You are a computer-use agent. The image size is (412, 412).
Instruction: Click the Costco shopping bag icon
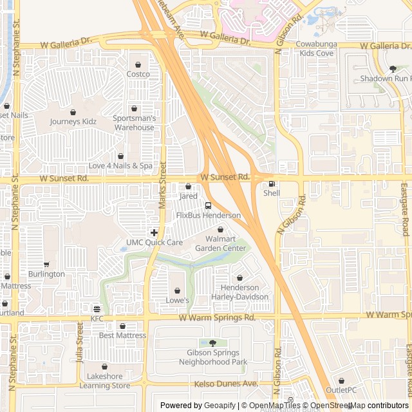138,64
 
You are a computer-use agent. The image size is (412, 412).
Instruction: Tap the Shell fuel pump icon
271,184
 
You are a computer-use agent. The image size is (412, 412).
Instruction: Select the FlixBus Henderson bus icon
208,205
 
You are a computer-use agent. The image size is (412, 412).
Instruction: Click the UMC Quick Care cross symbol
154,232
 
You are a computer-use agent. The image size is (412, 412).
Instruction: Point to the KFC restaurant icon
97,309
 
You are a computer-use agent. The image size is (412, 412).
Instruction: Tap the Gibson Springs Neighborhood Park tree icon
212,342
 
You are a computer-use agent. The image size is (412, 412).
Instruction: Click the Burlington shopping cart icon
46,264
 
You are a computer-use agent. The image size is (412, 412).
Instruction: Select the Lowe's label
177,301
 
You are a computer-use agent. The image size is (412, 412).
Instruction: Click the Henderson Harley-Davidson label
240,292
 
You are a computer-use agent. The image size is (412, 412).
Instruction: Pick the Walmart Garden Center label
220,244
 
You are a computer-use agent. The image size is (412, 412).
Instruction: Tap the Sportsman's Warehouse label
134,123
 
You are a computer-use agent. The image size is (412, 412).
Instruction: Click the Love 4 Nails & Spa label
120,166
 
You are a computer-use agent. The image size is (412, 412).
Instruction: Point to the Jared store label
188,196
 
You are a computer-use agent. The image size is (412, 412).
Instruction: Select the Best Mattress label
122,335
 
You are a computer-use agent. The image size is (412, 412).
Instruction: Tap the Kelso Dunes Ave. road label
226,384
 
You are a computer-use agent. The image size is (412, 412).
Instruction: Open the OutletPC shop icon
341,380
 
